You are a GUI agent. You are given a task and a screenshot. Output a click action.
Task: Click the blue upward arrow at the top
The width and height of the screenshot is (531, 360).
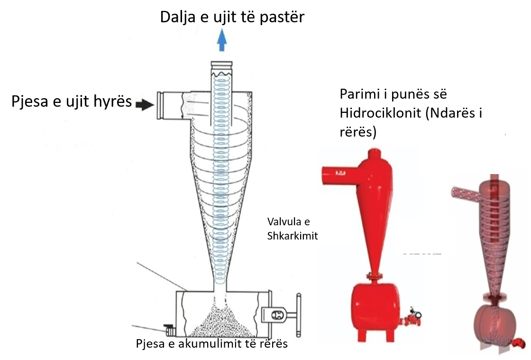pos(221,40)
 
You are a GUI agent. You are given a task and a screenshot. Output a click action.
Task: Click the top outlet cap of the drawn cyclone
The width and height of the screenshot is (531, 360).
pos(221,65)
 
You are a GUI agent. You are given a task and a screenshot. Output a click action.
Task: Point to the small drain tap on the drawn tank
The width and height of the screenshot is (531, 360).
pos(168,328)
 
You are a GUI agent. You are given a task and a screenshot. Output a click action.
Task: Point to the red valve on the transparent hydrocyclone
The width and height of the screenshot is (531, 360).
pos(522,343)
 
